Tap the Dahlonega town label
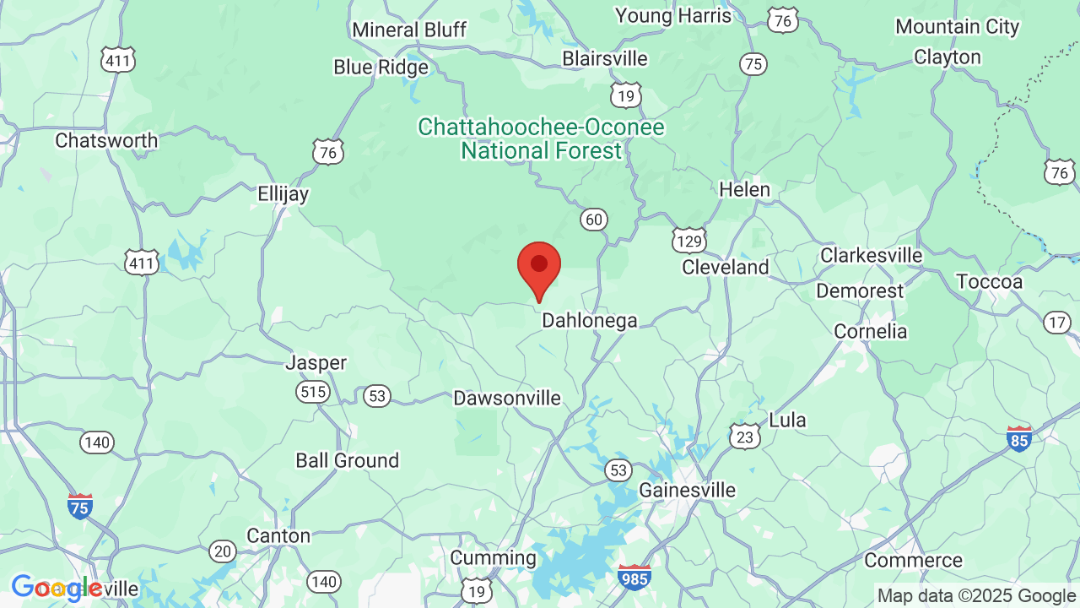(589, 321)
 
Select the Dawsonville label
(506, 398)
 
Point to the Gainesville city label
(687, 490)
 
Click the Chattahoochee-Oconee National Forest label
(541, 139)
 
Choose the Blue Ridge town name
(381, 67)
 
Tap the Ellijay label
(283, 194)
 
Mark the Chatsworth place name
(106, 140)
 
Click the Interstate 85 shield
(1019, 438)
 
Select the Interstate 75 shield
(80, 506)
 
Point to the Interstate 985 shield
(634, 577)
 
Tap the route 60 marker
(593, 220)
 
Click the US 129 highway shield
(689, 242)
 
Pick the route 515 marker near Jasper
(312, 391)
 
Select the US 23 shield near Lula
(744, 436)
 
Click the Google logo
(57, 588)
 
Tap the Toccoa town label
(989, 281)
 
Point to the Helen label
(744, 190)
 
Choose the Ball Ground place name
(347, 460)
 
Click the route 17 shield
(1056, 322)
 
